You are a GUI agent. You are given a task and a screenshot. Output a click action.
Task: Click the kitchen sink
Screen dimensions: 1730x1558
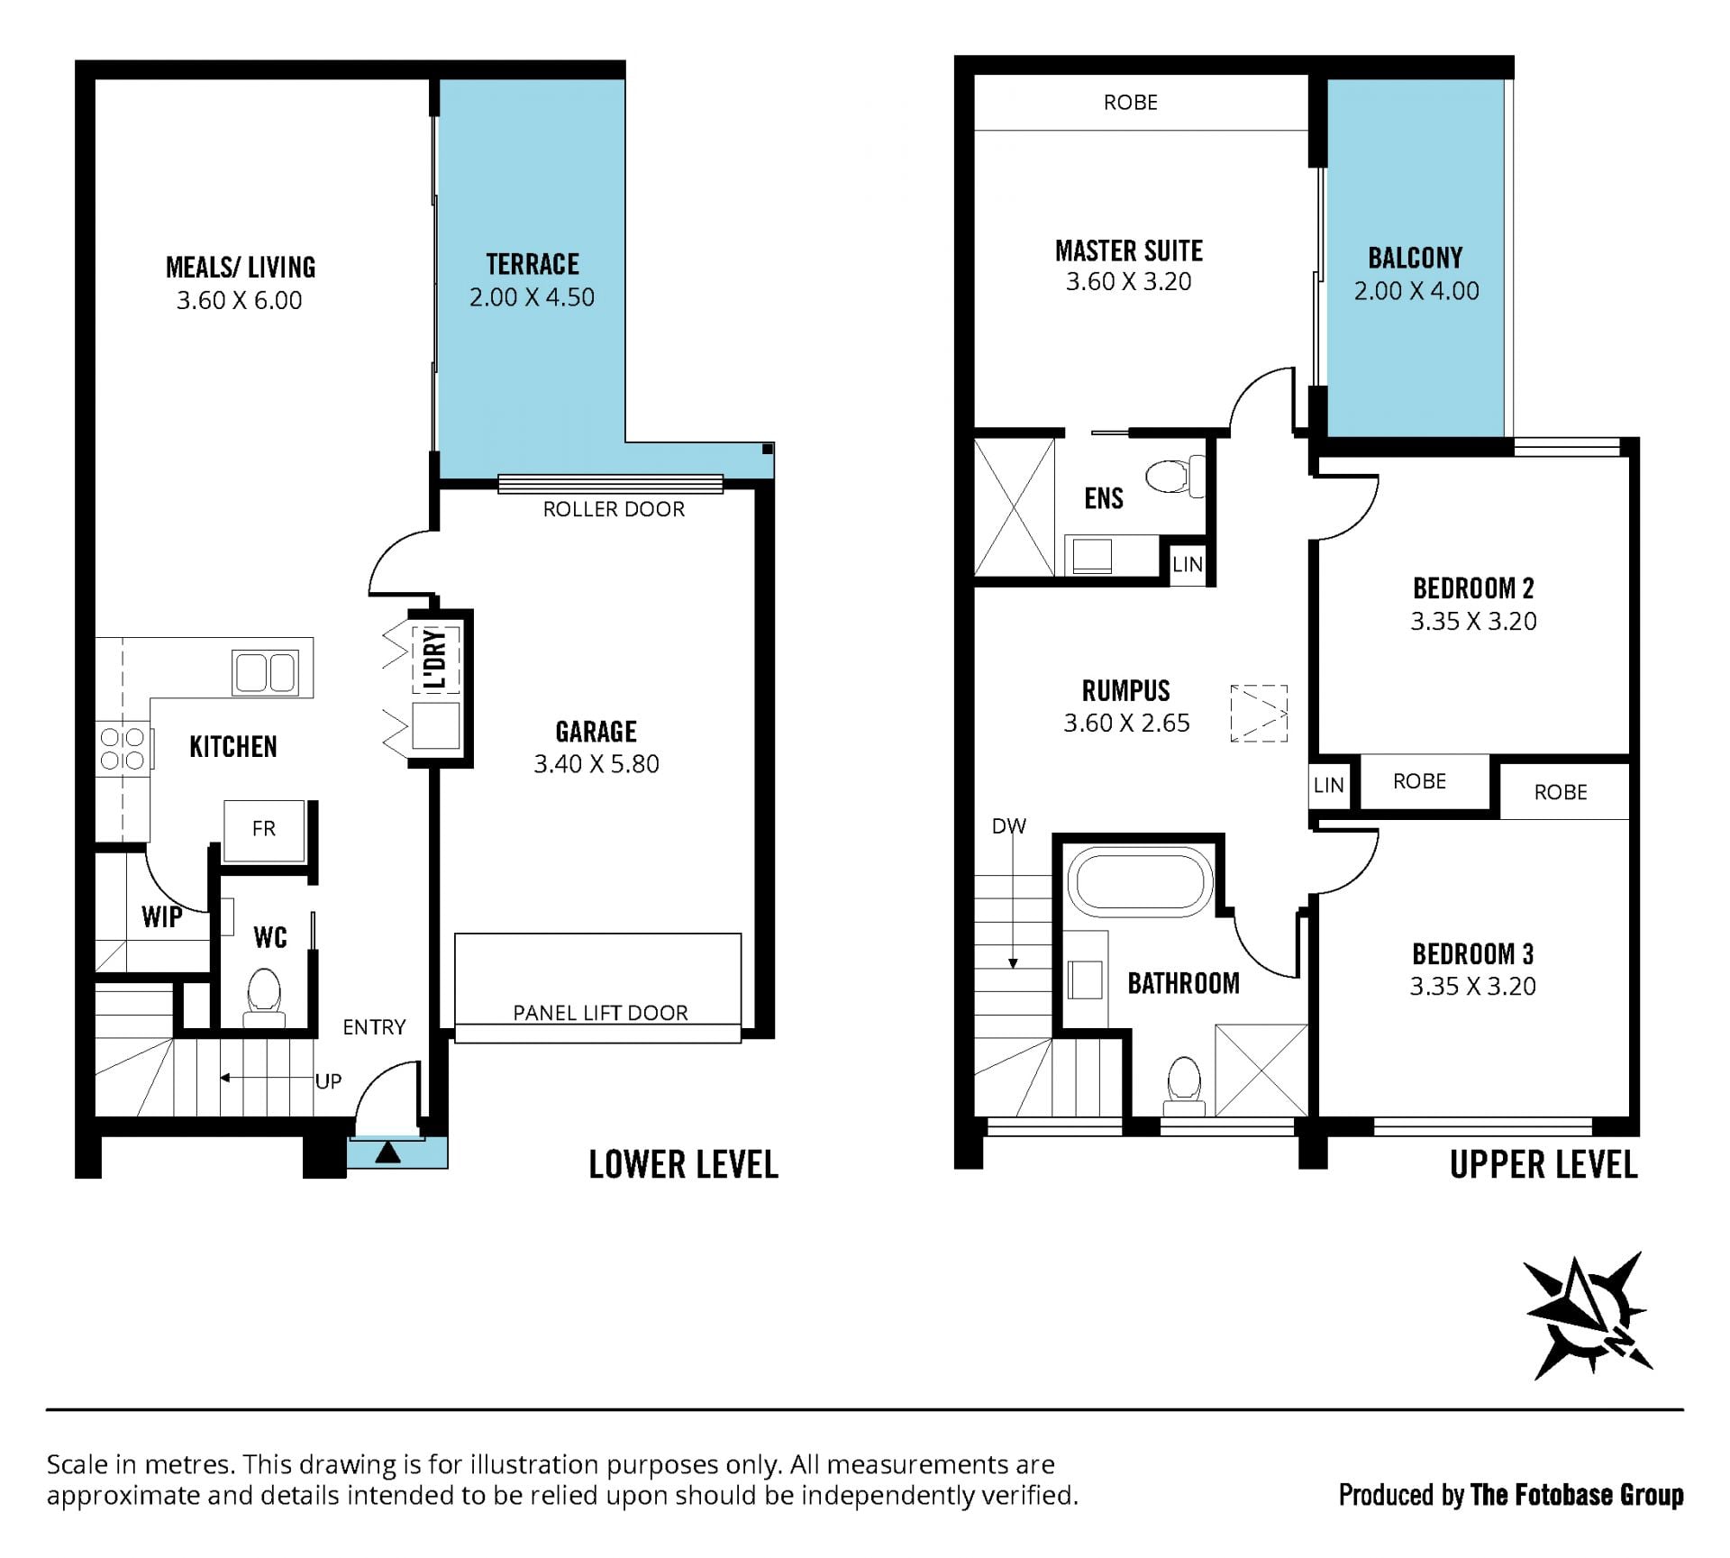[265, 672]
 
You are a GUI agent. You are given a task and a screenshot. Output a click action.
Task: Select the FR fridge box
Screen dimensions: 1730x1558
[264, 829]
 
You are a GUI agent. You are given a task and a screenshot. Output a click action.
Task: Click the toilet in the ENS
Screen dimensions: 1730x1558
[1175, 475]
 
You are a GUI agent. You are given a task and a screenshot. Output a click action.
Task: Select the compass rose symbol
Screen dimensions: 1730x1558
[1586, 1317]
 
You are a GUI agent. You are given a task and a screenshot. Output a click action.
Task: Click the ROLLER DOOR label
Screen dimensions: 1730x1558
[614, 509]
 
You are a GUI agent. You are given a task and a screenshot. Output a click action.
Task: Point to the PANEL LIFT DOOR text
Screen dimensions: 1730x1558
[600, 1013]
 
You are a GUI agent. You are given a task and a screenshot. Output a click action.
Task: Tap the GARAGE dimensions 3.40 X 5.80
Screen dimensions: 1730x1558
[596, 764]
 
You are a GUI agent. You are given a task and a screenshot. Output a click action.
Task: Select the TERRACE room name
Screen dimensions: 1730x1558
[533, 264]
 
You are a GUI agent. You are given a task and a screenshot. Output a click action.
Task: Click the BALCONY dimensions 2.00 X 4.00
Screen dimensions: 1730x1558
[1416, 291]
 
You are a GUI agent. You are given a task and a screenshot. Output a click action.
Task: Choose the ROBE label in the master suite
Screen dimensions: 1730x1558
[1131, 103]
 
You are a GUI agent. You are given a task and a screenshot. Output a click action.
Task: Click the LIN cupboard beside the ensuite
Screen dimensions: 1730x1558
[1188, 564]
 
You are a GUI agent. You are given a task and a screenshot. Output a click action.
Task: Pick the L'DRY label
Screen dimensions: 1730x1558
[435, 661]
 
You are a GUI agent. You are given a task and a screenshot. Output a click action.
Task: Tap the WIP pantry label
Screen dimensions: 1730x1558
[162, 917]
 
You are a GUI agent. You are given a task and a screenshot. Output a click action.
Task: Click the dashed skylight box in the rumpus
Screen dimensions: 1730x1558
[1259, 714]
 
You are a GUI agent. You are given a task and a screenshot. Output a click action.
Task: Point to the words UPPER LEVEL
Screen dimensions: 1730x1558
[1543, 1165]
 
